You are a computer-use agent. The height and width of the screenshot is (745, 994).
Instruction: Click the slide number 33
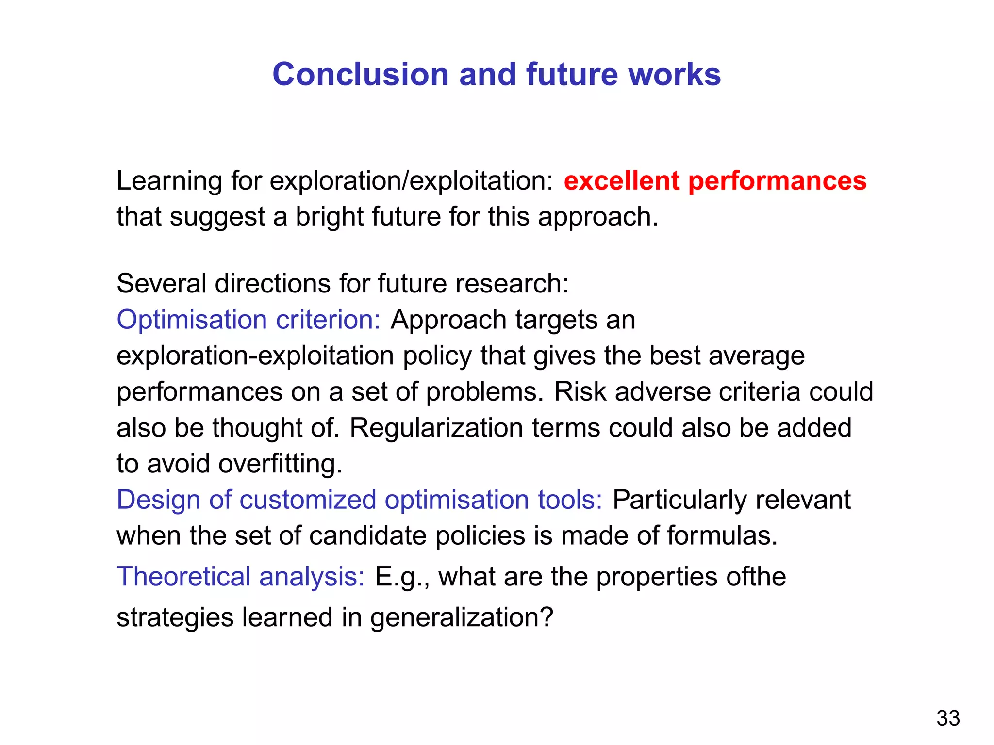(948, 718)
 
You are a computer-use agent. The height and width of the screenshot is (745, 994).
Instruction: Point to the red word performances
(777, 181)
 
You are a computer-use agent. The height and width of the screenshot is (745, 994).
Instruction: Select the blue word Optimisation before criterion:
(192, 321)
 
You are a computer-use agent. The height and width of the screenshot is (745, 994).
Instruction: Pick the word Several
(161, 283)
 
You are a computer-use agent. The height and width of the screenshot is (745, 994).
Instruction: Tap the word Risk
(580, 392)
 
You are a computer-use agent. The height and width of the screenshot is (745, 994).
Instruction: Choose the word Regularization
(436, 428)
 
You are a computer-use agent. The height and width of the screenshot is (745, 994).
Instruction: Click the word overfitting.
(281, 464)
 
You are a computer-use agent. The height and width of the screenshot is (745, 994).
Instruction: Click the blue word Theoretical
(183, 577)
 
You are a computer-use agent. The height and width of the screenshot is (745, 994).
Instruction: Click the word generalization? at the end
(462, 618)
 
